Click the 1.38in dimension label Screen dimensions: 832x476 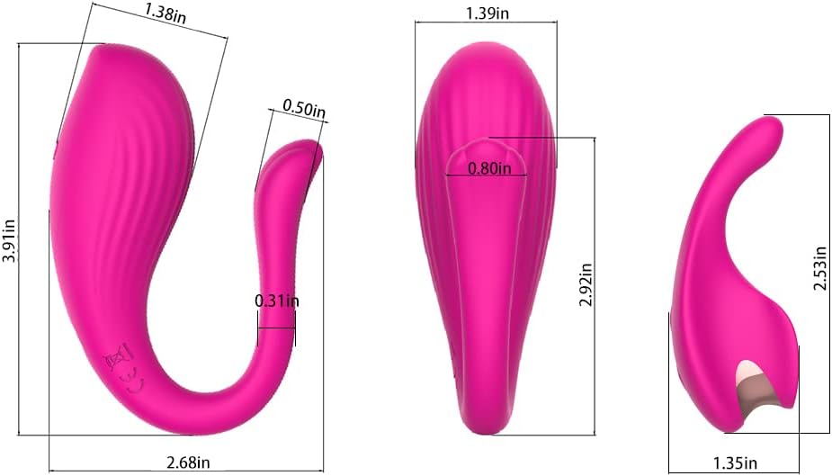165,13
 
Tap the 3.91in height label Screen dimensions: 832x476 10,240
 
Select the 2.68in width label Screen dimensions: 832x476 188,463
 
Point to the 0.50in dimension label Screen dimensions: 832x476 303,108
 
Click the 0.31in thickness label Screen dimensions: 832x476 276,301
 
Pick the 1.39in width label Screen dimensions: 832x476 488,13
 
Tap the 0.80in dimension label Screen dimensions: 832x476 489,169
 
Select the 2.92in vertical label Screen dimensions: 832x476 586,285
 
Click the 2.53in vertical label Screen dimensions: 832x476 820,268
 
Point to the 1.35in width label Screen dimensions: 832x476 735,463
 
